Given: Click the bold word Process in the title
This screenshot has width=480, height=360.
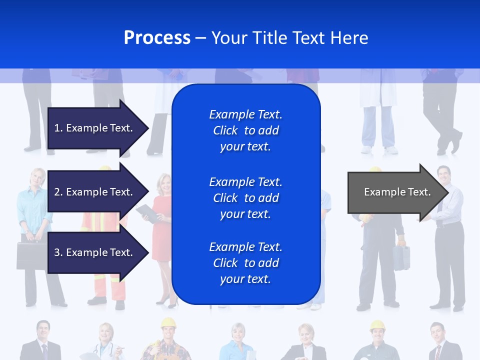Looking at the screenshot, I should (157, 38).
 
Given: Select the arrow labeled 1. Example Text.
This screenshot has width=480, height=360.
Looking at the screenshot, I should (95, 128).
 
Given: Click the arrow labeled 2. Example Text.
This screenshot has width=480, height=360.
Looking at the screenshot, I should (95, 192).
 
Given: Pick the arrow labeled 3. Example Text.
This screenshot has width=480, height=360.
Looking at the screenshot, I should (95, 252).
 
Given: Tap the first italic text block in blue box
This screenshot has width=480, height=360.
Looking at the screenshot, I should (245, 130).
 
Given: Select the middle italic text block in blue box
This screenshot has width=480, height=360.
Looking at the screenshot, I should (245, 198).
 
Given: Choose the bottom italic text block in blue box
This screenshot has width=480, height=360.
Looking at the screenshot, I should (245, 263).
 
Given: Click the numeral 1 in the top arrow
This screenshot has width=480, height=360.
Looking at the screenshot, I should (57, 128).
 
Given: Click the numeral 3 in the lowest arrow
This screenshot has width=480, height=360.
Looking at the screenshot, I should (57, 252).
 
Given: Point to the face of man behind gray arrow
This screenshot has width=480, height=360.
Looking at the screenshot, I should (443, 174).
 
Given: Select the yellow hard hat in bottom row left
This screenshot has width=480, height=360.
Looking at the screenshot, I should (168, 323).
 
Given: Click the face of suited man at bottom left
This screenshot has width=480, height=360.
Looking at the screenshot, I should (43, 330).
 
